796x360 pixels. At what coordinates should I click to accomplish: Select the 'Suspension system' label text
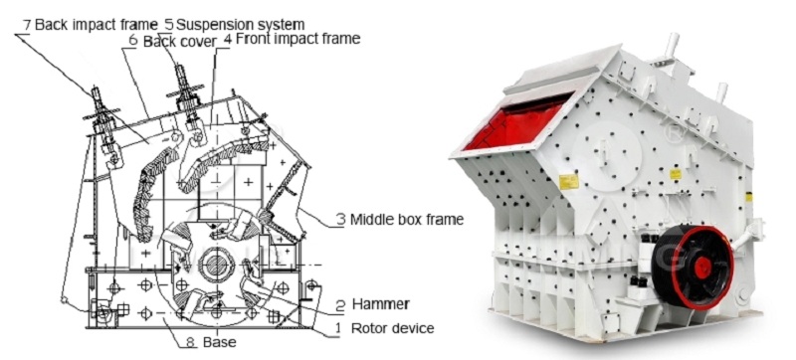pyautogui.click(x=240, y=24)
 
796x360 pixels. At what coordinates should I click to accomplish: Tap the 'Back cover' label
pyautogui.click(x=180, y=42)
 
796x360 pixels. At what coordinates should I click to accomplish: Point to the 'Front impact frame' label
pyautogui.click(x=298, y=38)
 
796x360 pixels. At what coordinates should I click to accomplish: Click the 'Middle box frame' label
pyautogui.click(x=407, y=220)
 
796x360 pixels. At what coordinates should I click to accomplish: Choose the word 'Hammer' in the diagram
pyautogui.click(x=381, y=304)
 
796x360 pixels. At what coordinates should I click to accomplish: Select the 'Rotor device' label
pyautogui.click(x=392, y=328)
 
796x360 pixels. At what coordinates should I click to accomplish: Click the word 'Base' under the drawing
pyautogui.click(x=219, y=342)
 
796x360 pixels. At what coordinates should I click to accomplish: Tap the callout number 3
pyautogui.click(x=341, y=220)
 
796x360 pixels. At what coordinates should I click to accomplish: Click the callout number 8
pyautogui.click(x=190, y=342)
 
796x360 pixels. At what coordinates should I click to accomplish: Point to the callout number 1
pyautogui.click(x=337, y=329)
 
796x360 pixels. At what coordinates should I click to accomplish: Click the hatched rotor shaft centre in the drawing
pyautogui.click(x=217, y=266)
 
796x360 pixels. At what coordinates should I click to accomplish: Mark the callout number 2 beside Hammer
pyautogui.click(x=340, y=305)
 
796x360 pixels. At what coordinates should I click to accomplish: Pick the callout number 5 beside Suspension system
pyautogui.click(x=169, y=24)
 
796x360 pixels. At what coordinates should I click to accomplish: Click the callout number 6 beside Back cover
pyautogui.click(x=133, y=41)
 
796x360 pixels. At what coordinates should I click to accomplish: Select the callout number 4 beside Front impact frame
pyautogui.click(x=227, y=40)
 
